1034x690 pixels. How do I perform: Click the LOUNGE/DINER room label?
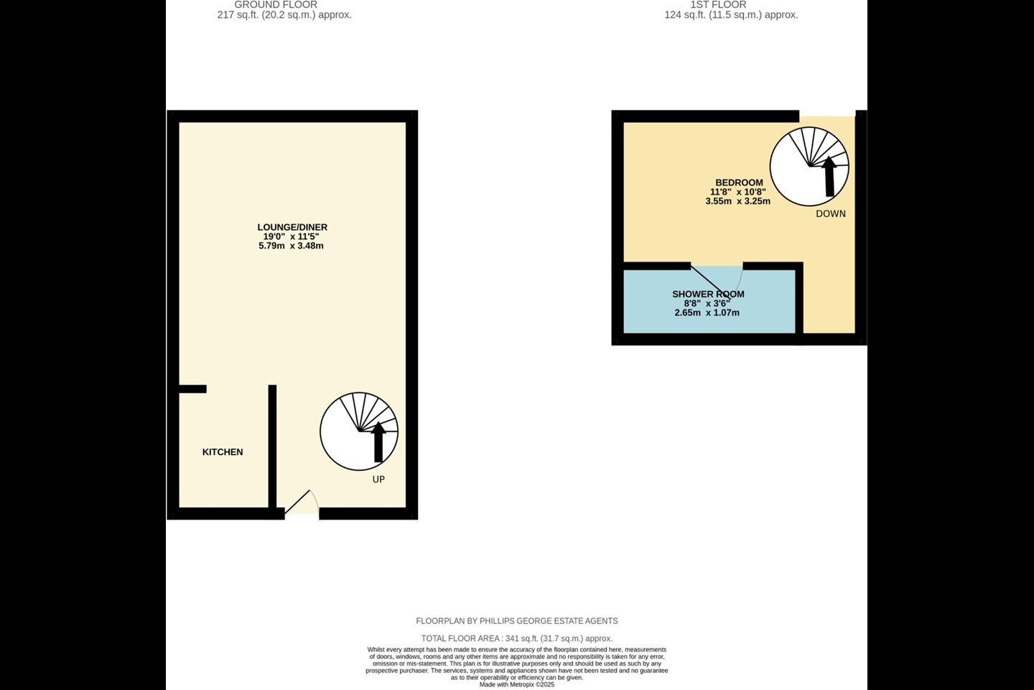[294, 227]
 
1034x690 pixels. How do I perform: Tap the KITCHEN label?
[223, 452]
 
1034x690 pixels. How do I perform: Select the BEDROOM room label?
[739, 183]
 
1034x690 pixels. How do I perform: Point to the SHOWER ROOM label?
[708, 294]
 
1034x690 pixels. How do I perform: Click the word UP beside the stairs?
[378, 479]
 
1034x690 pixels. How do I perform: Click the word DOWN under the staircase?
[831, 213]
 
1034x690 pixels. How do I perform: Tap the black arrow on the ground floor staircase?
[378, 442]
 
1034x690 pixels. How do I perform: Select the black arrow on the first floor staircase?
[829, 176]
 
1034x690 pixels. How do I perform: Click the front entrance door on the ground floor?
[302, 504]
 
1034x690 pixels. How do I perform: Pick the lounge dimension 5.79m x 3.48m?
[291, 246]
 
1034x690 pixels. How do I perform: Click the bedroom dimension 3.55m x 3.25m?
[738, 201]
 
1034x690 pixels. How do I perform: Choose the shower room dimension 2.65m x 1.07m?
[707, 313]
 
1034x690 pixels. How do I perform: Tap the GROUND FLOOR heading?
[276, 5]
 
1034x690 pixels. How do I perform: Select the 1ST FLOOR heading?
[718, 5]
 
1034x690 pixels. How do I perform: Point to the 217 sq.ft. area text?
[284, 15]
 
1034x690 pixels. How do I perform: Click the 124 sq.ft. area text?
[731, 15]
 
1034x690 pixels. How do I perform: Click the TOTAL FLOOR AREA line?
[516, 638]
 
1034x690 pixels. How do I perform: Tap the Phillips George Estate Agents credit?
[516, 621]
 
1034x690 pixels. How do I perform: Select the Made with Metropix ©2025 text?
[516, 685]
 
